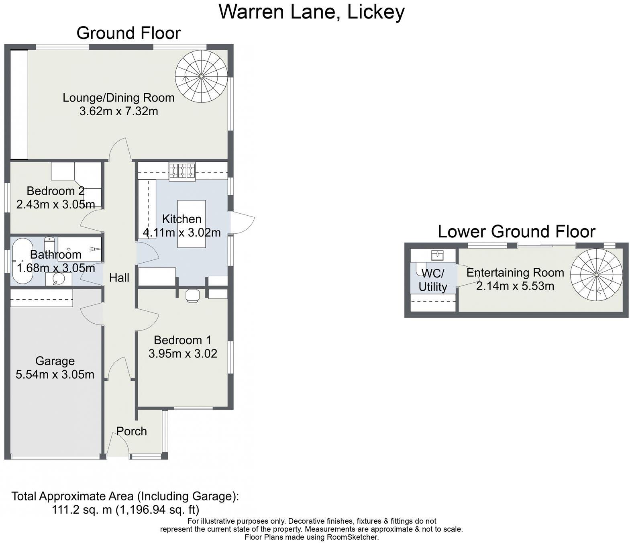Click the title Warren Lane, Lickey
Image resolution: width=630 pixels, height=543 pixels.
pyautogui.click(x=312, y=12)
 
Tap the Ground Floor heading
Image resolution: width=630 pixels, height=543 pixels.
pyautogui.click(x=128, y=33)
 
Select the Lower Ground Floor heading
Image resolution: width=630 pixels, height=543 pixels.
pyautogui.click(x=516, y=232)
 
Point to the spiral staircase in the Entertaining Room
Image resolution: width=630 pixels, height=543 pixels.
pyautogui.click(x=596, y=275)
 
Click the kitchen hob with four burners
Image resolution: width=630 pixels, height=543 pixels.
pyautogui.click(x=182, y=170)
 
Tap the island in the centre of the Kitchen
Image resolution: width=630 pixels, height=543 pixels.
pyautogui.click(x=192, y=224)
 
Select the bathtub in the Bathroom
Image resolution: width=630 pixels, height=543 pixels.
pyautogui.click(x=22, y=261)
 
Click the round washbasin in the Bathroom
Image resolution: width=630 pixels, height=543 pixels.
pyautogui.click(x=59, y=278)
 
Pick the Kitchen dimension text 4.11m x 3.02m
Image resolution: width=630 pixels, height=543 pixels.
pyautogui.click(x=182, y=233)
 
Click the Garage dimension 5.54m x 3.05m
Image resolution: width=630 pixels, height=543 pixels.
pyautogui.click(x=55, y=375)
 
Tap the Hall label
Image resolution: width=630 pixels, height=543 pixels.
pyautogui.click(x=119, y=278)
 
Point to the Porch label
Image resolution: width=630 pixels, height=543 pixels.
pyautogui.click(x=132, y=431)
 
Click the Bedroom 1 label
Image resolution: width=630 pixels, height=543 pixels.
pyautogui.click(x=182, y=340)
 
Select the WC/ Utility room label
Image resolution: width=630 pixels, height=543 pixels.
pyautogui.click(x=432, y=280)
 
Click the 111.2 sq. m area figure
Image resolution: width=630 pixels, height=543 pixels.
pyautogui.click(x=83, y=510)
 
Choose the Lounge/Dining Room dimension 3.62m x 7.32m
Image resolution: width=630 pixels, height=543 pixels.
pyautogui.click(x=118, y=111)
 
